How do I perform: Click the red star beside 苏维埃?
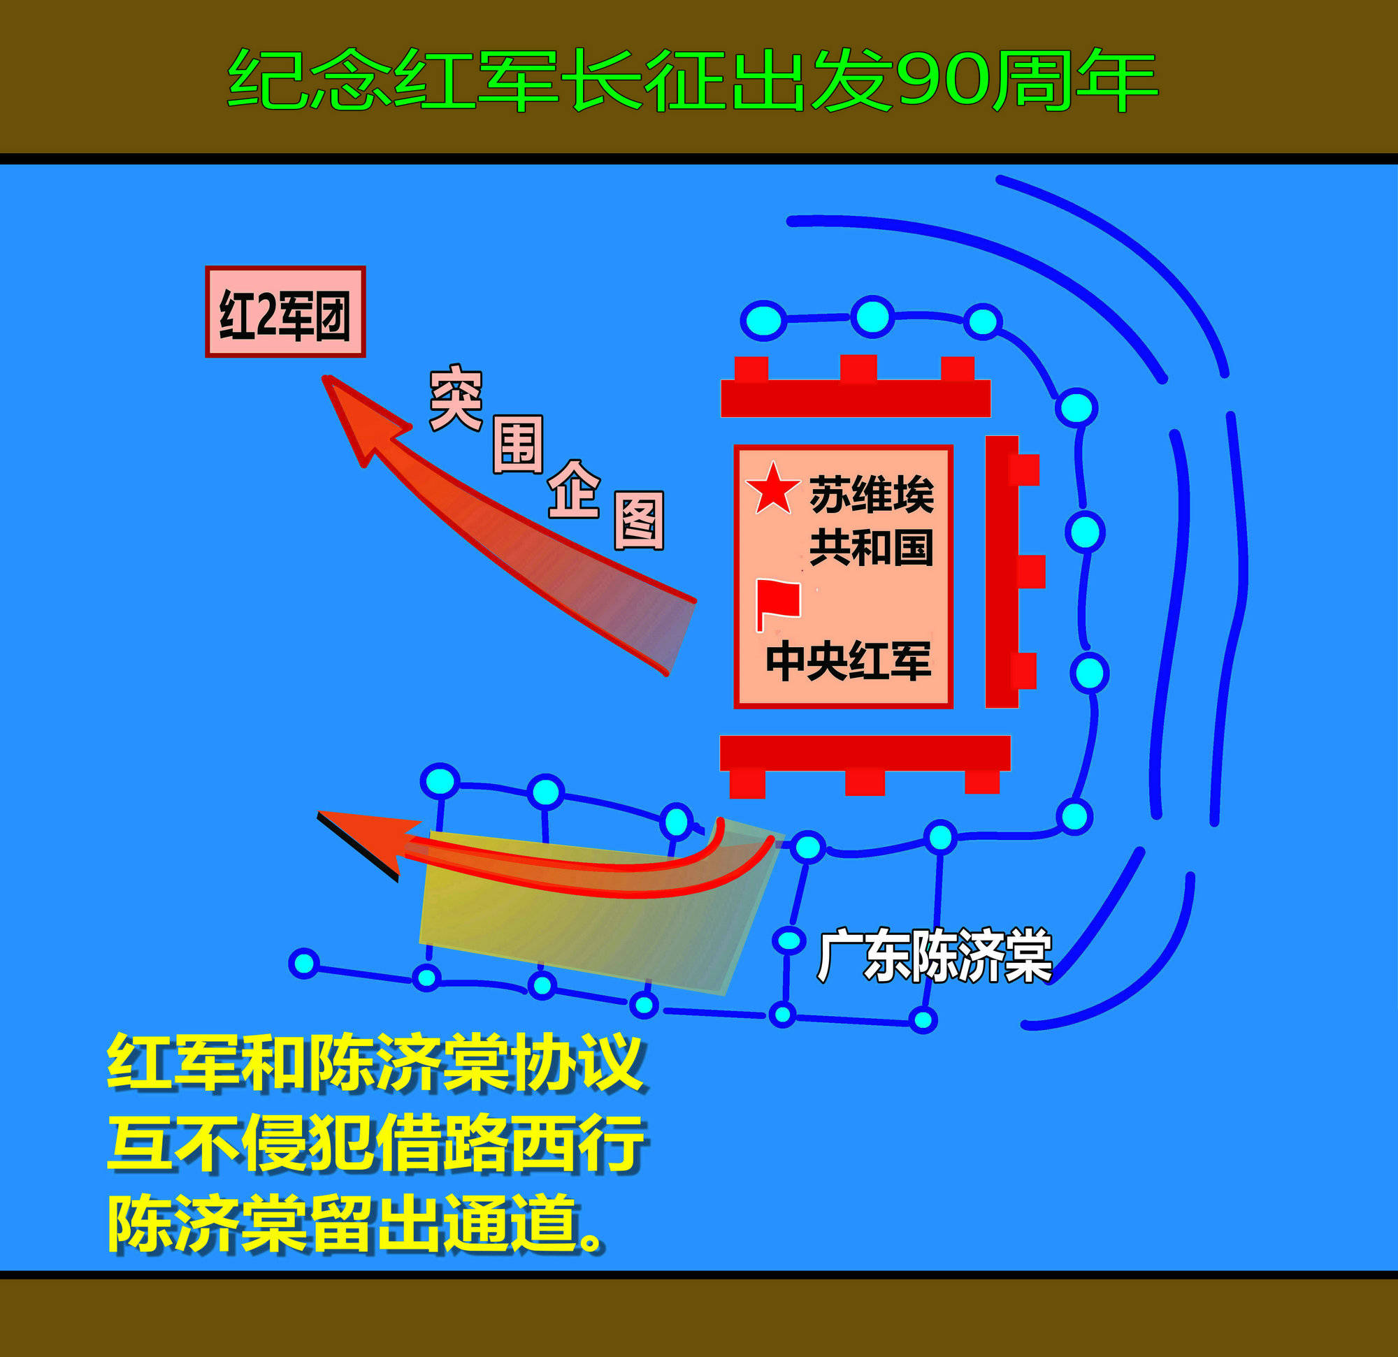[772, 489]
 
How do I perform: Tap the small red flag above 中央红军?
[778, 602]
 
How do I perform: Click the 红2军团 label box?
[285, 312]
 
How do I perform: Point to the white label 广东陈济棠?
[935, 956]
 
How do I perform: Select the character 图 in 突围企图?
[639, 520]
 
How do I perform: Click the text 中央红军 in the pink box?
[848, 661]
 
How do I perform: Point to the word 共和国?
[871, 548]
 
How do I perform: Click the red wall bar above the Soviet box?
[855, 397]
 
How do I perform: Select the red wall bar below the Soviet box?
[865, 753]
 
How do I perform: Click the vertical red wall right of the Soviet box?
[1002, 571]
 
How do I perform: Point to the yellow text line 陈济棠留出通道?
[356, 1223]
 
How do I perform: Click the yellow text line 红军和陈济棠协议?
[376, 1064]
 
